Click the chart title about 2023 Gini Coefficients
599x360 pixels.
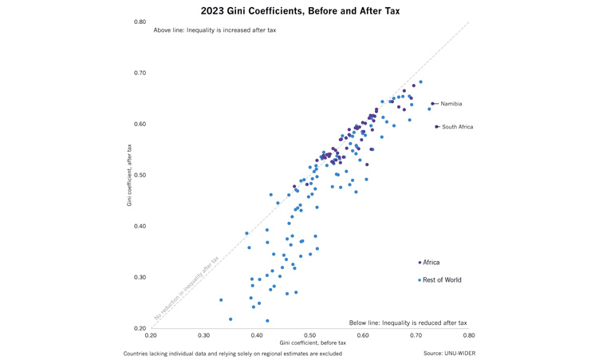299,11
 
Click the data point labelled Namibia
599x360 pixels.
432,104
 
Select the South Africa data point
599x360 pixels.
436,127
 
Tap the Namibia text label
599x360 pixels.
451,104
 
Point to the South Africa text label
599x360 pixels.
457,127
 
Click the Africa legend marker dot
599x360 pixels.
420,263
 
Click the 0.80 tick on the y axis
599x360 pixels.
140,22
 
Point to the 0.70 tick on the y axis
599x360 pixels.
140,73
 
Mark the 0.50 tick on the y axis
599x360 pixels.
140,175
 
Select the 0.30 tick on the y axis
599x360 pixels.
140,277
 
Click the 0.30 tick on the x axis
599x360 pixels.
204,336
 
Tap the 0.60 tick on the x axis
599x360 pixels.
363,336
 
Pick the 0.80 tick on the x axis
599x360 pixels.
469,336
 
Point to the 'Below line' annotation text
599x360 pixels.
408,322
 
